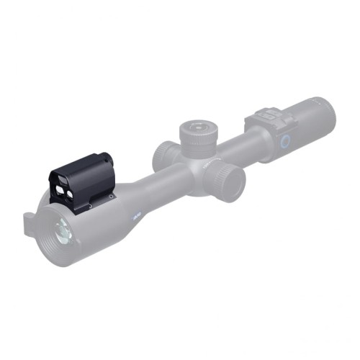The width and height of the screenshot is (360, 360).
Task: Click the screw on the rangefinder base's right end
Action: [x=111, y=195]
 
